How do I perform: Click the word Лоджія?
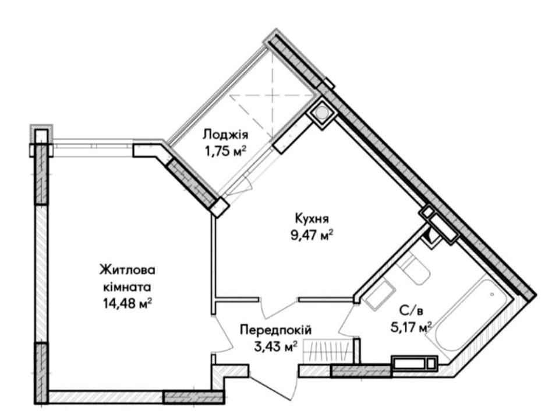coord(225,135)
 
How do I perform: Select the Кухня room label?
coord(312,218)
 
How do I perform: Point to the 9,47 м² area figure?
coord(312,235)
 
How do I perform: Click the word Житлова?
coord(128,270)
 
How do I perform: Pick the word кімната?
coord(127,287)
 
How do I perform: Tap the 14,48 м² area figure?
coord(128,304)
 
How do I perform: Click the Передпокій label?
coord(275,329)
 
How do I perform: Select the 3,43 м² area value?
coord(275,346)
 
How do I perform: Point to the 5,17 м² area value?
coord(412,327)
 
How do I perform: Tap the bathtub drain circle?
coord(492,295)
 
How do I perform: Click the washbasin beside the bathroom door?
coord(379,295)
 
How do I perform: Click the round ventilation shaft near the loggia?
coord(322,113)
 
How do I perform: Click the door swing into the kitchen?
coord(280,307)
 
